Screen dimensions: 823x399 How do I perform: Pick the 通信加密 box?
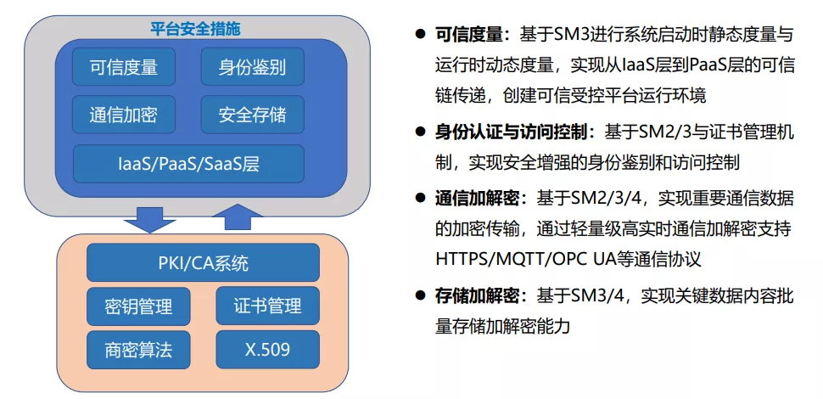pyautogui.click(x=123, y=115)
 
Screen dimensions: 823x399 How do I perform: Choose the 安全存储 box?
pyautogui.click(x=251, y=115)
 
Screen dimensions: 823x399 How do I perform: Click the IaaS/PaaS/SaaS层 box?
pyautogui.click(x=188, y=164)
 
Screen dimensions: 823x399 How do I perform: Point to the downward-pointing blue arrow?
pyautogui.click(x=149, y=219)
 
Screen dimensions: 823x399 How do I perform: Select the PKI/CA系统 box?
pyautogui.click(x=203, y=262)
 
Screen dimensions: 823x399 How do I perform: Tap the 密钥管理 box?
pyautogui.click(x=138, y=306)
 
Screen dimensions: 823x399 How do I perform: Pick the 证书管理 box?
pyautogui.click(x=267, y=306)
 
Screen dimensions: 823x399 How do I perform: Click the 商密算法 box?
pyautogui.click(x=138, y=349)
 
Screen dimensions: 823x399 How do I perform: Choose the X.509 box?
pyautogui.click(x=267, y=349)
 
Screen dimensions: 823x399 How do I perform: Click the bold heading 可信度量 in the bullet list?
pyautogui.click(x=469, y=35)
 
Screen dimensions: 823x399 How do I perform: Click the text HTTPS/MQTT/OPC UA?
pyautogui.click(x=531, y=260)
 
